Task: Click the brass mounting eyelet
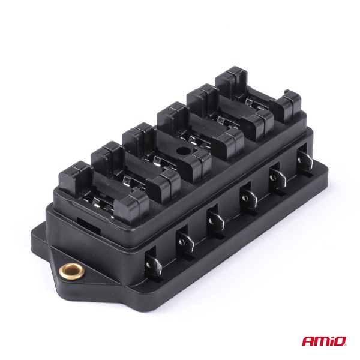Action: (71, 272)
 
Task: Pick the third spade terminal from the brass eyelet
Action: (216, 221)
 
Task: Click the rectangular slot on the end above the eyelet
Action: (88, 226)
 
